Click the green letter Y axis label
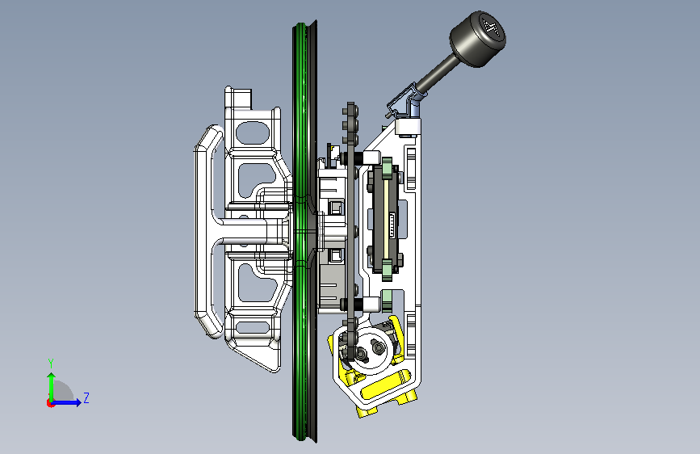click(x=51, y=364)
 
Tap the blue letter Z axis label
click(x=86, y=397)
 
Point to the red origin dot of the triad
click(x=50, y=403)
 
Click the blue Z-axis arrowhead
click(x=78, y=402)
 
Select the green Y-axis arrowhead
click(x=52, y=376)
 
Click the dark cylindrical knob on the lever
click(x=478, y=39)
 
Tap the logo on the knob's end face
click(x=493, y=27)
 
